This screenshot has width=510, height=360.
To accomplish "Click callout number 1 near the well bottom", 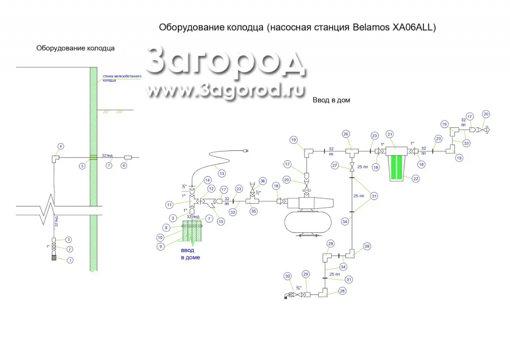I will [70, 260].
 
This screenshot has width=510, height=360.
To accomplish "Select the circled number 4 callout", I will [61, 146].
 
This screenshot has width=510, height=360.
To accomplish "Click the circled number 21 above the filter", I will [390, 134].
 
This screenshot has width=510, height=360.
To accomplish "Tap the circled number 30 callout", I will [287, 276].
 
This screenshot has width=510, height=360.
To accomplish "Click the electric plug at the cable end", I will [245, 149].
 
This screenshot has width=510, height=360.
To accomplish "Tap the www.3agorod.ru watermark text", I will [219, 90].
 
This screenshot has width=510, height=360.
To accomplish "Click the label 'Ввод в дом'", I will [331, 100].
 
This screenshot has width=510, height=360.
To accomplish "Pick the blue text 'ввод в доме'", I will [190, 254].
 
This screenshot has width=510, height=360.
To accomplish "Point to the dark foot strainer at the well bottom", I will [55, 257].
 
